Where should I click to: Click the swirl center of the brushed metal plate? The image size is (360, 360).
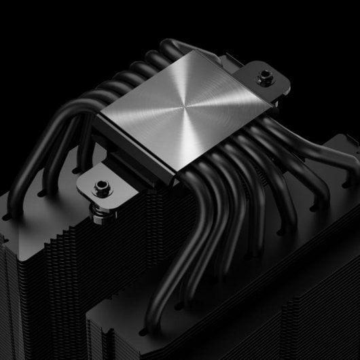(x=181, y=108)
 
